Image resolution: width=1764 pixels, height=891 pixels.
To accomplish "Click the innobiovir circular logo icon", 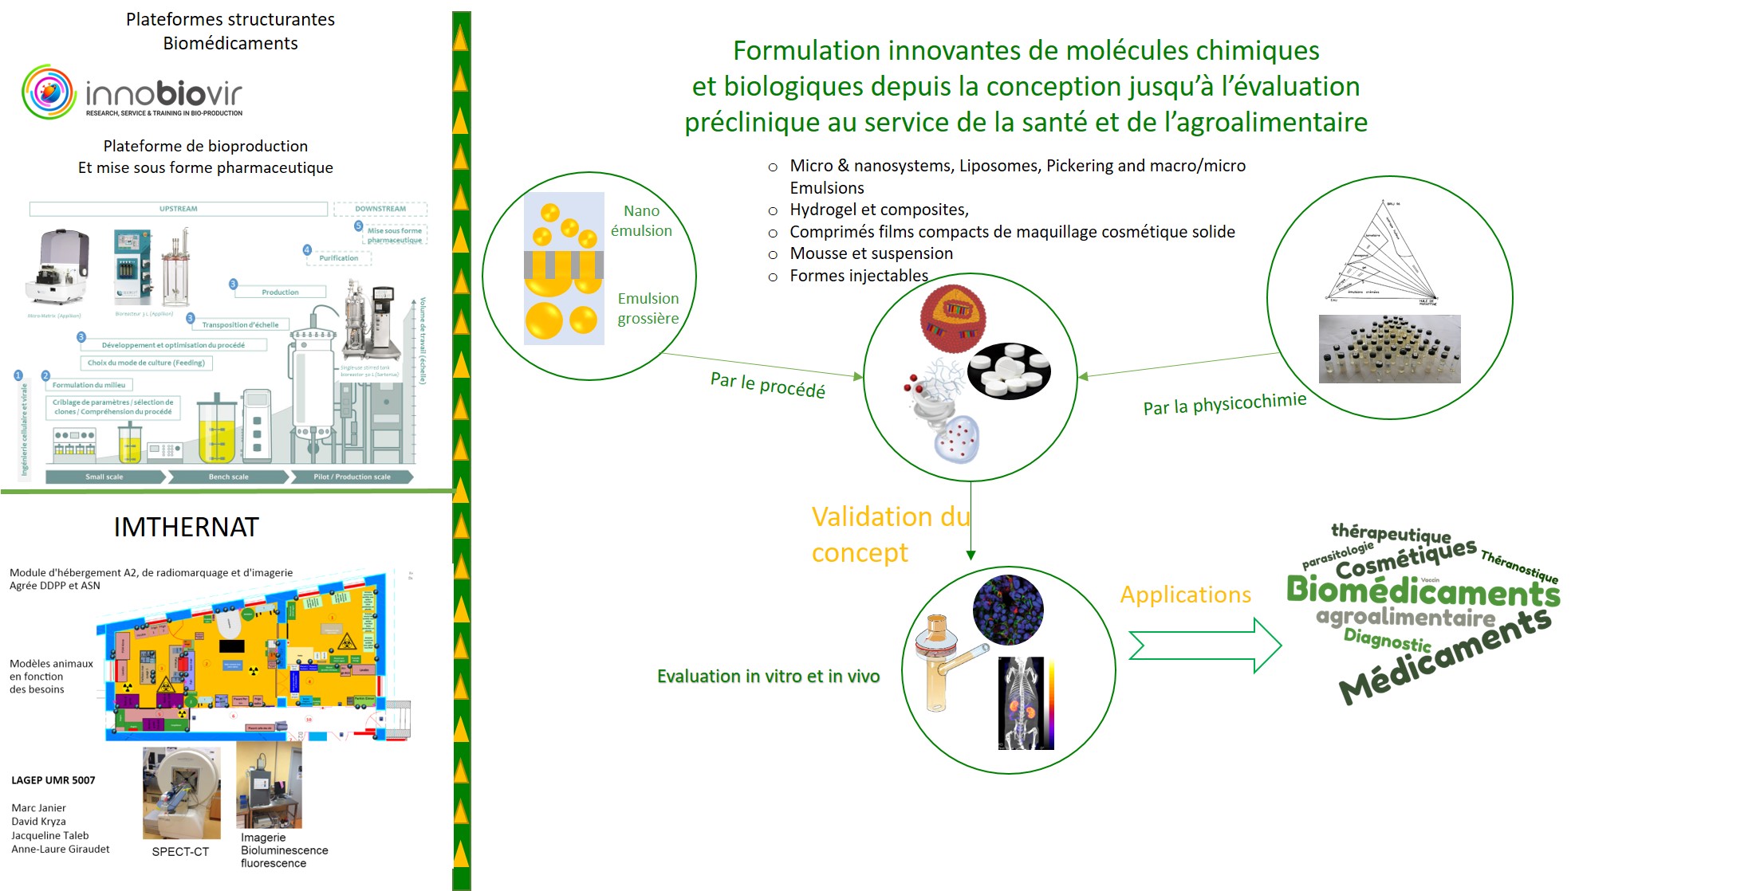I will [x=49, y=92].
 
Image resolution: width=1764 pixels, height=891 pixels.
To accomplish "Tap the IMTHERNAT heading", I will [x=186, y=527].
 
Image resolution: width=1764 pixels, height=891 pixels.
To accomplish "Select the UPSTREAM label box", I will [x=178, y=209].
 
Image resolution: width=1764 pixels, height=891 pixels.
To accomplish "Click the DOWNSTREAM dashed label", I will [x=380, y=209].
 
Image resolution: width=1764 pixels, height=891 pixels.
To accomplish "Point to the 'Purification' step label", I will [x=339, y=258].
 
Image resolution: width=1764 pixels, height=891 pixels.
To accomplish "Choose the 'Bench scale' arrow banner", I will [x=228, y=477].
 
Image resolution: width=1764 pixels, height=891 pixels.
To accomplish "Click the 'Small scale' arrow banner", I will [x=104, y=477].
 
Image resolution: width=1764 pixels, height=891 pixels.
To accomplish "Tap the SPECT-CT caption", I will [x=180, y=852].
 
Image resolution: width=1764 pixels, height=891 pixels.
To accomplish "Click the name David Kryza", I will [x=38, y=822].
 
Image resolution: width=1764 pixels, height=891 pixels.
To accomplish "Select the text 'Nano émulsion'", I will [x=641, y=221].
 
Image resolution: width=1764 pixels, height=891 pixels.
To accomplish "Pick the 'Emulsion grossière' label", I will [x=648, y=308].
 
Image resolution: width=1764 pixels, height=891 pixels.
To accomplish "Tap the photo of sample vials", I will [x=1389, y=349].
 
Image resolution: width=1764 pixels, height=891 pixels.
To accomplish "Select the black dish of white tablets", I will [x=1009, y=371].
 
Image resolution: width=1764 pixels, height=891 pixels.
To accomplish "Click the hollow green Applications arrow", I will [x=1205, y=646].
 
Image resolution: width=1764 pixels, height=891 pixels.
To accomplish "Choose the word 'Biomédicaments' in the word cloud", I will [x=1423, y=591].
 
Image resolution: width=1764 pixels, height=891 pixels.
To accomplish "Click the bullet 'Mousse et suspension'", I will [x=871, y=253].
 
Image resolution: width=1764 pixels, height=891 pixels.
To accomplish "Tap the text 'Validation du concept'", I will [x=890, y=534].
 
